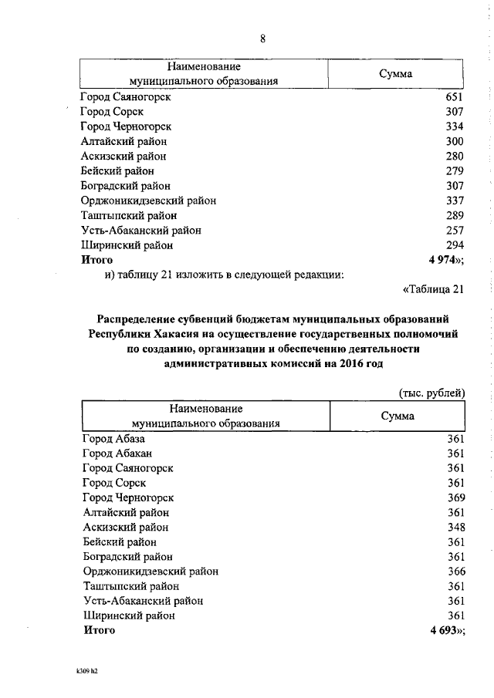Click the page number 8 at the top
pyautogui.click(x=262, y=39)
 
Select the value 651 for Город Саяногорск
pyautogui.click(x=454, y=97)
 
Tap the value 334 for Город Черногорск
pyautogui.click(x=454, y=126)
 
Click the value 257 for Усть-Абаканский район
pyautogui.click(x=454, y=231)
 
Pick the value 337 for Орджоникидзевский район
pyautogui.click(x=454, y=201)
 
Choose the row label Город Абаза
pyautogui.click(x=113, y=439)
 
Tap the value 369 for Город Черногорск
pyautogui.click(x=455, y=497)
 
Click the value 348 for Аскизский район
pyautogui.click(x=455, y=528)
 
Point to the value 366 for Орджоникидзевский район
pyautogui.click(x=455, y=572)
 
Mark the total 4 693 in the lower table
pyautogui.click(x=445, y=631)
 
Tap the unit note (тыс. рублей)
pyautogui.click(x=431, y=393)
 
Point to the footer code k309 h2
pyautogui.click(x=82, y=671)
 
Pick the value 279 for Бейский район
pyautogui.click(x=454, y=171)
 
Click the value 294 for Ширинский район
pyautogui.click(x=454, y=245)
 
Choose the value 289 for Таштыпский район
pyautogui.click(x=454, y=216)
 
